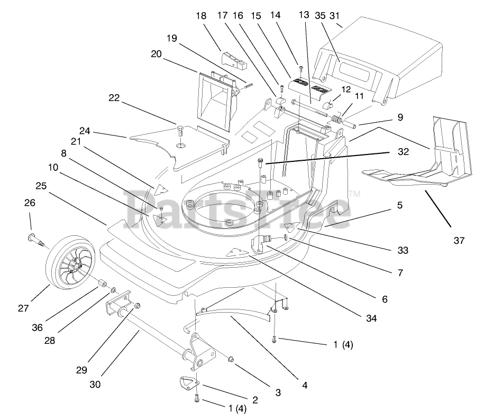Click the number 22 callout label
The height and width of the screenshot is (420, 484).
pos(114,97)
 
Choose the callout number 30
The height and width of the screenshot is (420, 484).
pos(95,385)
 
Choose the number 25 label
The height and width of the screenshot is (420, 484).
pos(41,186)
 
